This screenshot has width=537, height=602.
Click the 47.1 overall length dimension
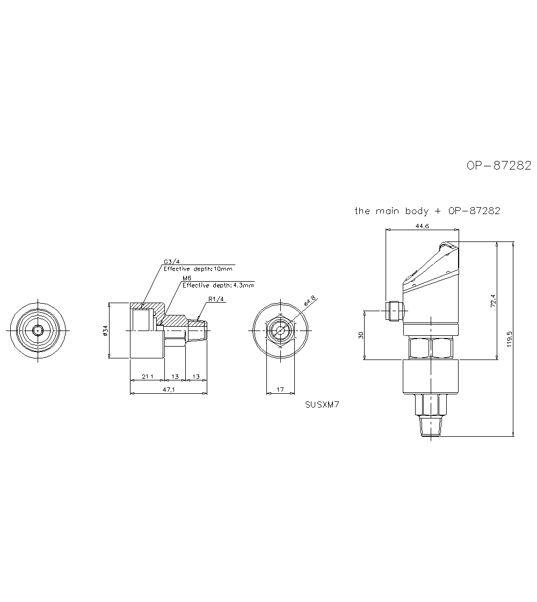[x=169, y=390]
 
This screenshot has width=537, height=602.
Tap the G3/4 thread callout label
[x=172, y=262]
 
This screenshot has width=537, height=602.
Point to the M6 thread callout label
[x=187, y=278]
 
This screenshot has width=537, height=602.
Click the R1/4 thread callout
[x=216, y=299]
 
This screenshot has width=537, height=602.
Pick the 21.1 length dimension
[x=148, y=377]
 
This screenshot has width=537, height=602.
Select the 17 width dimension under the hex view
[x=280, y=390]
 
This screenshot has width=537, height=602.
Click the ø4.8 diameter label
[x=310, y=300]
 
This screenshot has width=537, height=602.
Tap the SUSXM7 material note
[x=322, y=404]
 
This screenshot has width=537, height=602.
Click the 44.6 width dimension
[x=422, y=226]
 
